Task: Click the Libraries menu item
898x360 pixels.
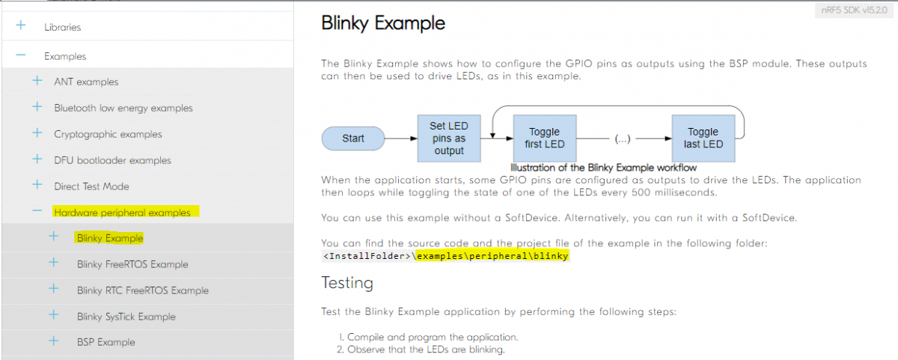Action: pos(63,27)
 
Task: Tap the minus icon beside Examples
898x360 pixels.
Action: pos(21,55)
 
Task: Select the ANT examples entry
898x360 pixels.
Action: pos(86,82)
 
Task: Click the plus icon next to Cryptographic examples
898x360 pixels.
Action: pos(37,132)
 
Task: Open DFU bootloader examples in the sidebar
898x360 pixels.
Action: pos(113,160)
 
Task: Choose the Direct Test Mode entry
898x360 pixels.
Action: pos(91,186)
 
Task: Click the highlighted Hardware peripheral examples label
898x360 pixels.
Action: pos(122,213)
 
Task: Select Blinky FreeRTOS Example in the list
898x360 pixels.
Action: pos(132,264)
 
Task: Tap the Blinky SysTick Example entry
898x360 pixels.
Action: pos(126,317)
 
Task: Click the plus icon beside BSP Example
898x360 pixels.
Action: pos(54,341)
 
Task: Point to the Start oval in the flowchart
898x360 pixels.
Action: pos(353,138)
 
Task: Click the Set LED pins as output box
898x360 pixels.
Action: pos(449,138)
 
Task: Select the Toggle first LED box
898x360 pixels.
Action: pos(545,138)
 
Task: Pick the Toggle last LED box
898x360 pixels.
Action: pos(703,138)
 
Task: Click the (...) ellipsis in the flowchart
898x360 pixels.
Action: pos(623,138)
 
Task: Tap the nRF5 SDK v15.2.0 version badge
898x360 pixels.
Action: pos(855,10)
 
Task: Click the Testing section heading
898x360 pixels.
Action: pos(347,283)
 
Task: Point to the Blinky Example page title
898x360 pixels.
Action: pos(383,23)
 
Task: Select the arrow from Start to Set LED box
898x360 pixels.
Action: pos(401,138)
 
